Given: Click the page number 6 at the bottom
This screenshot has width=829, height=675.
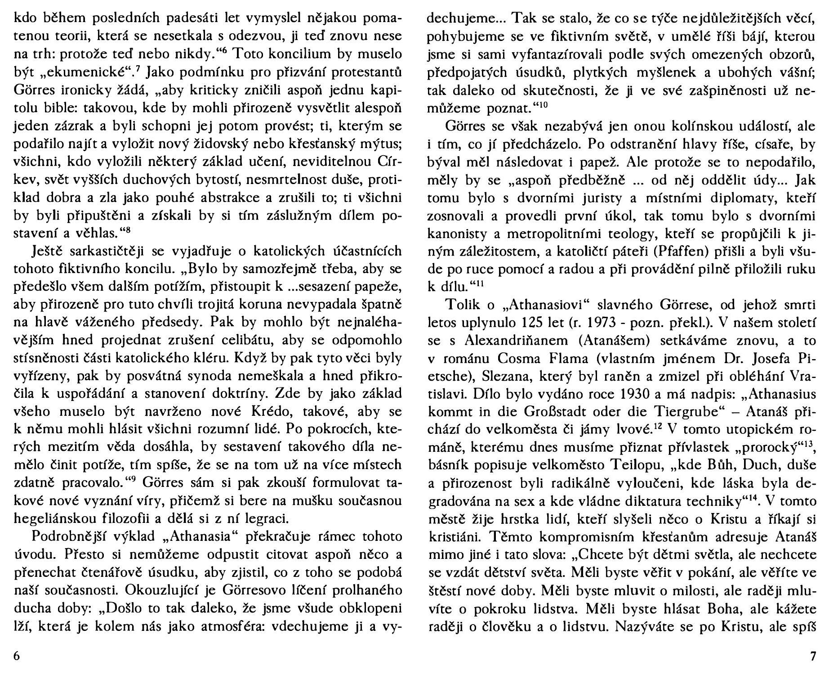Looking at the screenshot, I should tap(17, 656).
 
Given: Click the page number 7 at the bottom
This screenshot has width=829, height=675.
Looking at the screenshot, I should tap(812, 656).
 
